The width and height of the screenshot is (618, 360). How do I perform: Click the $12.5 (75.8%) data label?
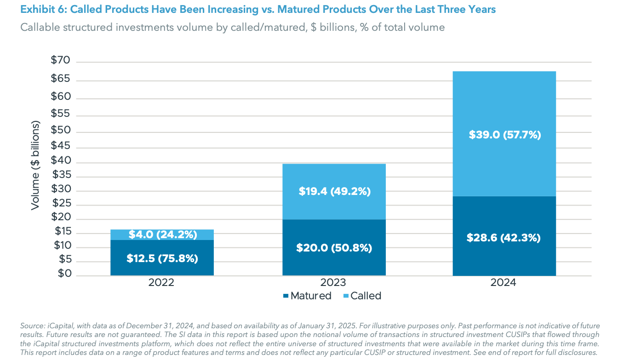(x=162, y=258)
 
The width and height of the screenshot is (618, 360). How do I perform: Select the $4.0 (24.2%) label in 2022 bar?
(x=162, y=234)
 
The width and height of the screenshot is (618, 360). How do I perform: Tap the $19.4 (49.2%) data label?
(x=334, y=191)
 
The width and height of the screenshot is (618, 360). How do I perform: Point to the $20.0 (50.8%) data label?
(x=334, y=248)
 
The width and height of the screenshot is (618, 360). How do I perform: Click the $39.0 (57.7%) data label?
(x=504, y=135)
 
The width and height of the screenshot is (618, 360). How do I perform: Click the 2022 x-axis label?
(x=161, y=282)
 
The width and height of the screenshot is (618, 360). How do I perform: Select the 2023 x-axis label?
(x=334, y=282)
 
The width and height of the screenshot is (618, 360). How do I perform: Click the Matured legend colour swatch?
(x=286, y=296)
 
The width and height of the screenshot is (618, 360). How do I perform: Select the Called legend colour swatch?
(x=346, y=296)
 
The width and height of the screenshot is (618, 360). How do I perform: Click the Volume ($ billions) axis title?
(x=35, y=166)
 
